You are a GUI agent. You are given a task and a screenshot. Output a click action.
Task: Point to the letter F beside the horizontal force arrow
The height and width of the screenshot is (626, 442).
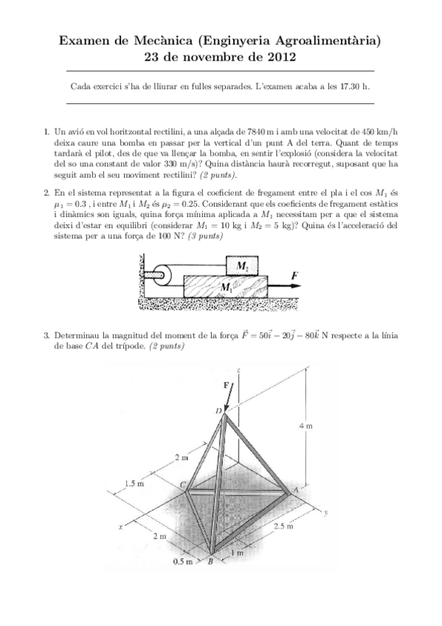pyautogui.click(x=294, y=275)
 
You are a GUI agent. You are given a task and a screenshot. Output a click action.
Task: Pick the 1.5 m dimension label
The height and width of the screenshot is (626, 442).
pyautogui.click(x=134, y=484)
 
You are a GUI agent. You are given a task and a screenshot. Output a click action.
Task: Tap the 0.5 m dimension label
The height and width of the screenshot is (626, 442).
pyautogui.click(x=182, y=562)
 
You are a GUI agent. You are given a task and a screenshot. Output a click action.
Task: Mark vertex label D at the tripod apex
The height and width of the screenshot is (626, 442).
pyautogui.click(x=216, y=410)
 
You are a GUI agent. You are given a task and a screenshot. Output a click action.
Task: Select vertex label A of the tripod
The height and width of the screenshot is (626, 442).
pyautogui.click(x=294, y=489)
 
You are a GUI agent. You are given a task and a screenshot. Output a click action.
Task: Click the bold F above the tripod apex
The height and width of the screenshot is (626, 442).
pyautogui.click(x=226, y=385)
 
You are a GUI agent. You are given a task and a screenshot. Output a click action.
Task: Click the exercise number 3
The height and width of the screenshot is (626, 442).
pyautogui.click(x=46, y=336)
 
